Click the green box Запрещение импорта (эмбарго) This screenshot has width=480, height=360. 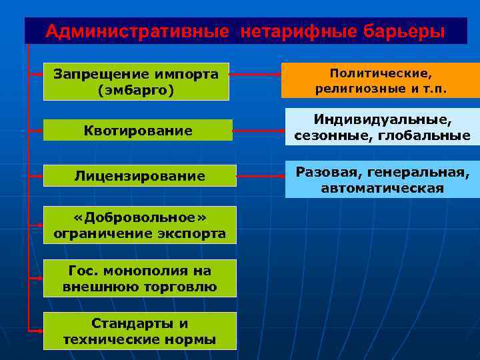click(136, 81)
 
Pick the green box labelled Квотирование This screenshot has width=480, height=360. click(138, 130)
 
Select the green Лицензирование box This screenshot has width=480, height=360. click(139, 175)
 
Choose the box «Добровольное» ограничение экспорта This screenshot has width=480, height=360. click(139, 225)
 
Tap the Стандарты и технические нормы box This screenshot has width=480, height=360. click(139, 331)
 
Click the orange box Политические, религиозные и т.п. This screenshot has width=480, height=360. click(381, 80)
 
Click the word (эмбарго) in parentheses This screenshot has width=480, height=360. click(136, 90)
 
